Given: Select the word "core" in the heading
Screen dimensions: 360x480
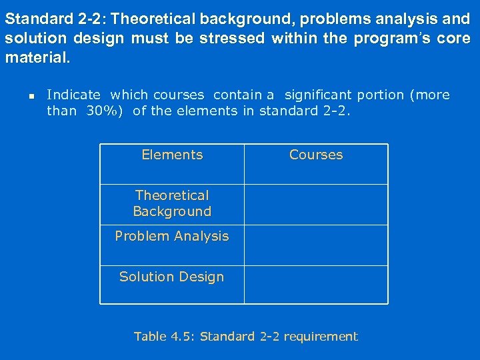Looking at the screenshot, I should click(x=454, y=39).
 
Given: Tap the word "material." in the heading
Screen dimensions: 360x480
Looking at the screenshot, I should click(x=37, y=58).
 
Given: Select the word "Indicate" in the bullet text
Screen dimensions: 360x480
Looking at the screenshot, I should click(x=73, y=95).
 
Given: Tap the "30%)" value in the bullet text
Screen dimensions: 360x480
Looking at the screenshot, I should click(x=107, y=111).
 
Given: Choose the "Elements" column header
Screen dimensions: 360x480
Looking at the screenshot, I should click(x=172, y=155).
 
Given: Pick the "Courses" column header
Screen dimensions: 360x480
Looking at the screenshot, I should click(x=316, y=155).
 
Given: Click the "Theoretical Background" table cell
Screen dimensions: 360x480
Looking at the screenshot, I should click(x=172, y=203).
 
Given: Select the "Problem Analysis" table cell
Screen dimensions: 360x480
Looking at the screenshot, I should click(x=172, y=237).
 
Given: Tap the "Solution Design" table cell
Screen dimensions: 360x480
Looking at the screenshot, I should click(x=172, y=277).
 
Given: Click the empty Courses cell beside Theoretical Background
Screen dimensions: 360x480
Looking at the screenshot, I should click(x=316, y=204).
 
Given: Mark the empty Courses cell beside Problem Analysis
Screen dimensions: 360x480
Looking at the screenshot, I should click(x=316, y=245).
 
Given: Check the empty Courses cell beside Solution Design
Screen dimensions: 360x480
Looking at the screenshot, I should click(x=316, y=285).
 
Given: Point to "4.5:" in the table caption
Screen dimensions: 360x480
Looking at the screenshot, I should click(x=183, y=337).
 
